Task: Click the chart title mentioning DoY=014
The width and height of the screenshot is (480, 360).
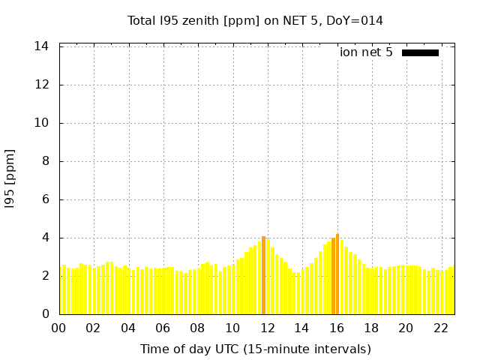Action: pyautogui.click(x=255, y=20)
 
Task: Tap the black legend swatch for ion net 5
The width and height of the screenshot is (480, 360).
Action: pyautogui.click(x=420, y=52)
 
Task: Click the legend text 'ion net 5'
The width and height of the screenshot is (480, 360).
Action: pyautogui.click(x=366, y=52)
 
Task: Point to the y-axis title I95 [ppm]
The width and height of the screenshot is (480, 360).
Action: pyautogui.click(x=10, y=179)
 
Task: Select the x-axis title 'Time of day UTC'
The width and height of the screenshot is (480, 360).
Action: pyautogui.click(x=255, y=349)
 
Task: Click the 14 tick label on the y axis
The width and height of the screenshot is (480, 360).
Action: pyautogui.click(x=42, y=46)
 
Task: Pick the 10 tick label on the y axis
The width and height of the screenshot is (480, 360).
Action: pyautogui.click(x=42, y=123)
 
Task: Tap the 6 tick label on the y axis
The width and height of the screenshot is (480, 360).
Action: pyautogui.click(x=45, y=199)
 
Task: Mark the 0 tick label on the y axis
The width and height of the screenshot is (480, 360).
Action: pyautogui.click(x=45, y=314)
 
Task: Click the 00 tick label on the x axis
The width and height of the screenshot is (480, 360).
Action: pyautogui.click(x=58, y=328)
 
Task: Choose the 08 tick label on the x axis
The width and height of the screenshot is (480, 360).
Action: pyautogui.click(x=197, y=328)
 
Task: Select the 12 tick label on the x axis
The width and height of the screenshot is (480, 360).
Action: pyautogui.click(x=267, y=328)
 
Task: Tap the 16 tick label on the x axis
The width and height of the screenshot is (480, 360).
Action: pyautogui.click(x=336, y=328)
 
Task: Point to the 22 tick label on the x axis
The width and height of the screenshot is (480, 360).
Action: pyautogui.click(x=440, y=328)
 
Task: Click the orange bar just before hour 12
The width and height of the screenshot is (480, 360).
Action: pyautogui.click(x=263, y=275)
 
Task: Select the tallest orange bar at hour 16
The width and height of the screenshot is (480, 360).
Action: pyautogui.click(x=337, y=274)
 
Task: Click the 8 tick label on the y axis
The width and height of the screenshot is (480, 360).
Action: pyautogui.click(x=45, y=161)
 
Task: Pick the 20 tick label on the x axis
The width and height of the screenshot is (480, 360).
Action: pyautogui.click(x=406, y=328)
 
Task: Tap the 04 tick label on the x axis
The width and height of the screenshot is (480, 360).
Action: pyautogui.click(x=128, y=328)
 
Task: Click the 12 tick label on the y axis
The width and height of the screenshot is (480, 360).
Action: pyautogui.click(x=42, y=85)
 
